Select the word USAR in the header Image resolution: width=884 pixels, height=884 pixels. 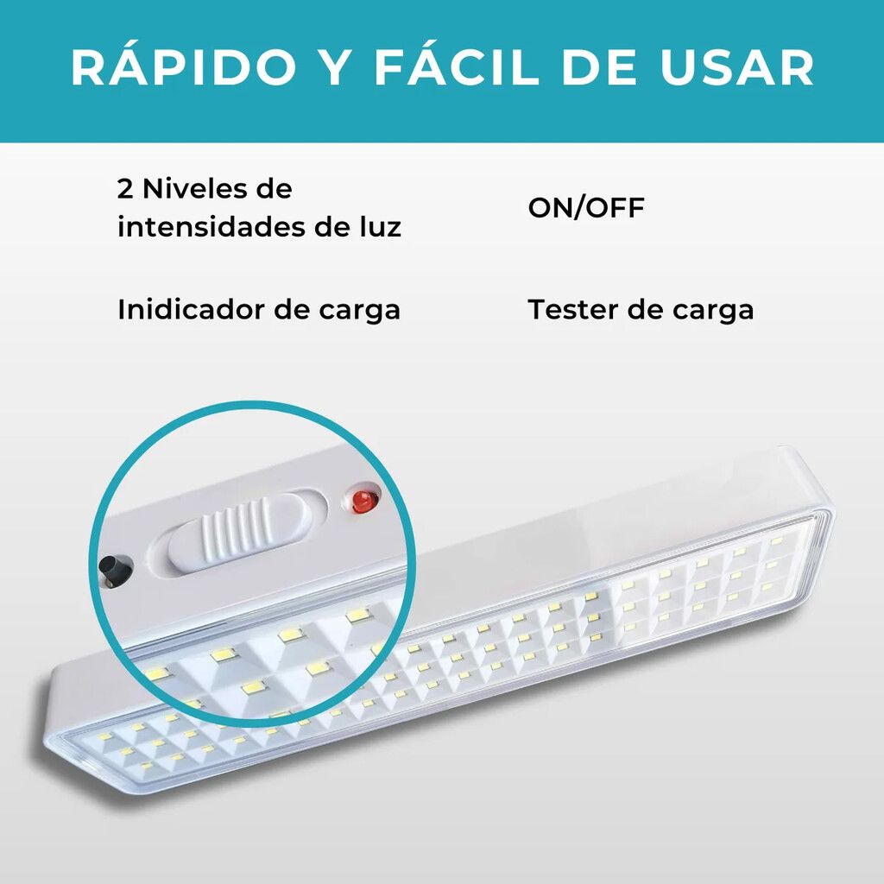coord(737,67)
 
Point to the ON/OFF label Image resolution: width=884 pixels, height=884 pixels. coord(586,207)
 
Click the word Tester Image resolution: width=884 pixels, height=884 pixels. coord(572,310)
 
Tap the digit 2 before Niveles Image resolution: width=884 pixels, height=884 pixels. coord(125,189)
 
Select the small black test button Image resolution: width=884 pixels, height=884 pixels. coord(114,571)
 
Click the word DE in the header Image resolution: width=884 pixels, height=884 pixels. coord(599,67)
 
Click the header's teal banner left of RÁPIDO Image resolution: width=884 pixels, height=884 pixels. coord(35,67)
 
